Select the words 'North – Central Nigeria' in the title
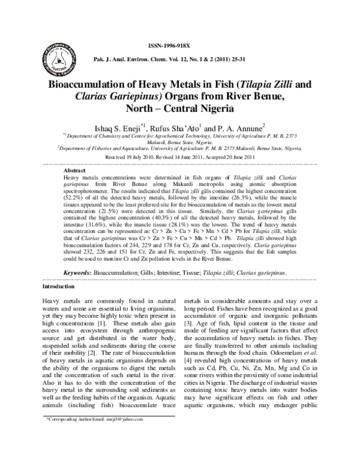[180, 109]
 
